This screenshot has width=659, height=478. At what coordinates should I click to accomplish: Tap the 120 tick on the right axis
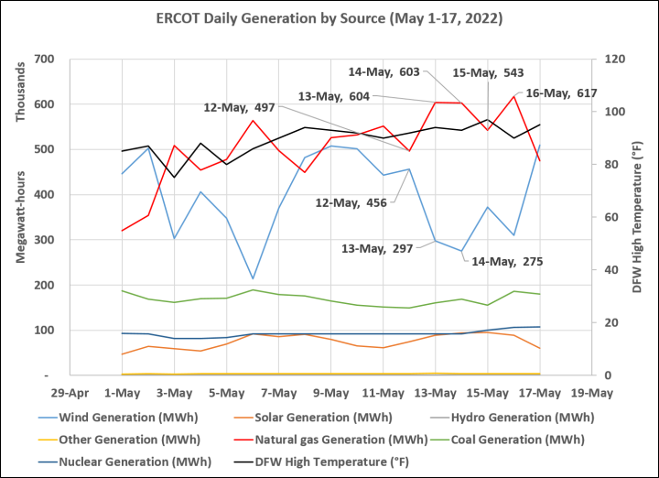click(x=607, y=60)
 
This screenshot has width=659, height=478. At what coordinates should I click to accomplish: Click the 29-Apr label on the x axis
click(x=69, y=394)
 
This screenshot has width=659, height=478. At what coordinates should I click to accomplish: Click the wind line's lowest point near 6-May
click(x=254, y=278)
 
